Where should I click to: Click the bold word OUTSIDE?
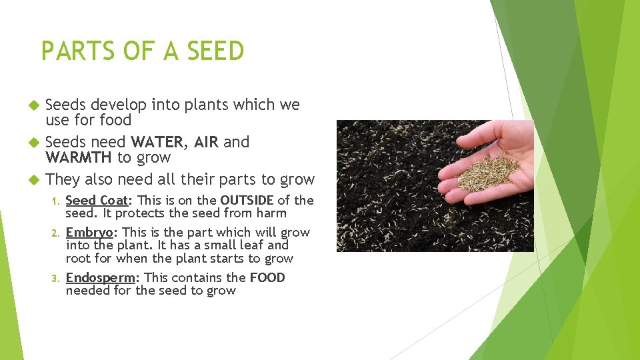pos(247,200)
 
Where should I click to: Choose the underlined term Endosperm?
pos(100,277)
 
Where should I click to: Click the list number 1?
pos(57,201)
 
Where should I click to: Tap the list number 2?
pos(57,233)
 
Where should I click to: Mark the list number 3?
pos(57,278)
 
